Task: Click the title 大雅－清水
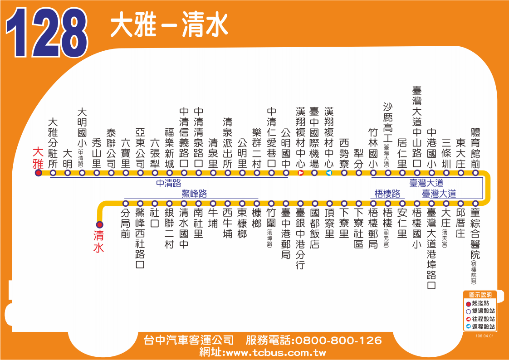click(x=169, y=24)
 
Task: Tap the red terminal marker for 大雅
click(x=39, y=173)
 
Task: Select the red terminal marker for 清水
click(x=99, y=224)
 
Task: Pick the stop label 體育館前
click(x=475, y=147)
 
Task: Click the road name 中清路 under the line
click(x=168, y=183)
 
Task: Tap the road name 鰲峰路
click(x=194, y=194)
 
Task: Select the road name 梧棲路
click(x=387, y=194)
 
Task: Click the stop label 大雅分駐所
click(x=53, y=142)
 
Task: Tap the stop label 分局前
click(x=126, y=224)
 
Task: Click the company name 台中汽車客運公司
click(x=188, y=341)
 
